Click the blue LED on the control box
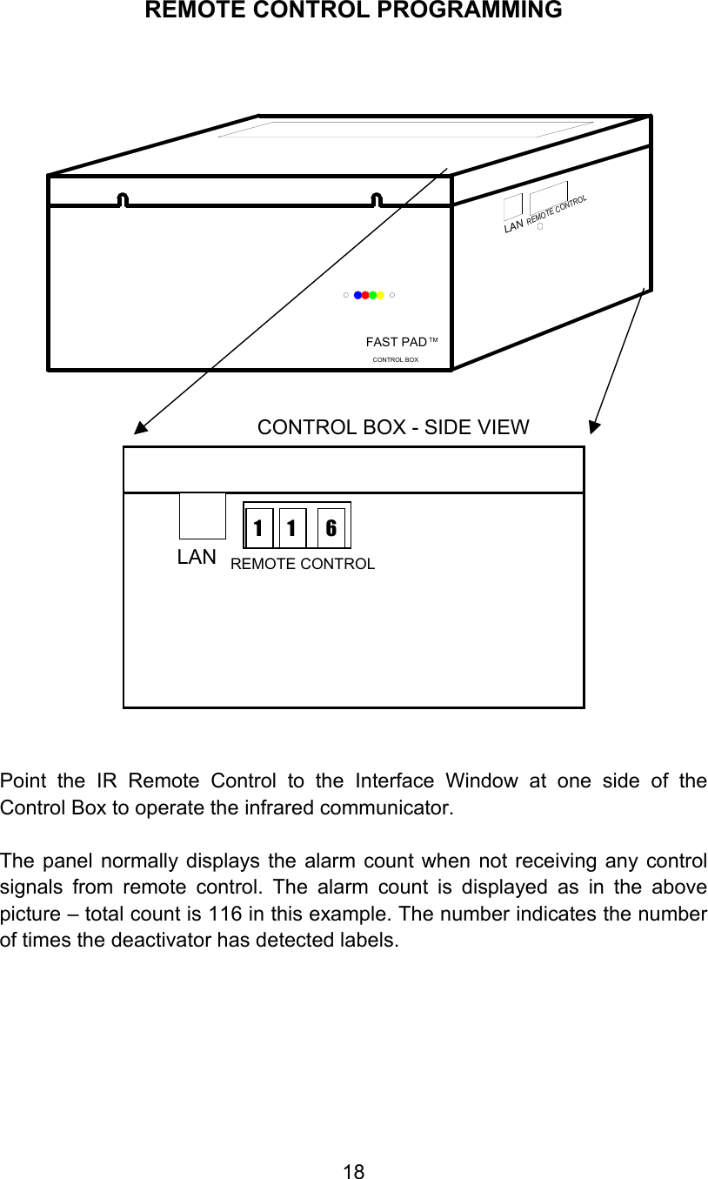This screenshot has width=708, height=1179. click(357, 295)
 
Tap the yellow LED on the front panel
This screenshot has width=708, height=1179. click(381, 295)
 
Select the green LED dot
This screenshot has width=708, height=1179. click(373, 295)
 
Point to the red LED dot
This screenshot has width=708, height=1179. click(365, 295)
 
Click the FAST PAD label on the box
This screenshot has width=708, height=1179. click(397, 342)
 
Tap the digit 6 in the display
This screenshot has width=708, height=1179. click(331, 528)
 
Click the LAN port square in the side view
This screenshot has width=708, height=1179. click(202, 516)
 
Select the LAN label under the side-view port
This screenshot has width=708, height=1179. click(197, 558)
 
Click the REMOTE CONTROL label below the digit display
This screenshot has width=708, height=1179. click(303, 564)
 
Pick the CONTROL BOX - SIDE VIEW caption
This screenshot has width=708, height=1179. click(393, 427)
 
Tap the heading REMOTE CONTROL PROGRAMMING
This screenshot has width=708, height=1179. click(353, 10)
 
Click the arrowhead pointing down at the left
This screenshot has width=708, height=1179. click(139, 426)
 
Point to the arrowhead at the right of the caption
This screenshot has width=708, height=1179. click(595, 425)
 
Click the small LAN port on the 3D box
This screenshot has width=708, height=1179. click(513, 206)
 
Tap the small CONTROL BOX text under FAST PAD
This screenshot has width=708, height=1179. click(395, 359)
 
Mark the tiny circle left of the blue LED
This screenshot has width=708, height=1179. click(345, 296)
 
